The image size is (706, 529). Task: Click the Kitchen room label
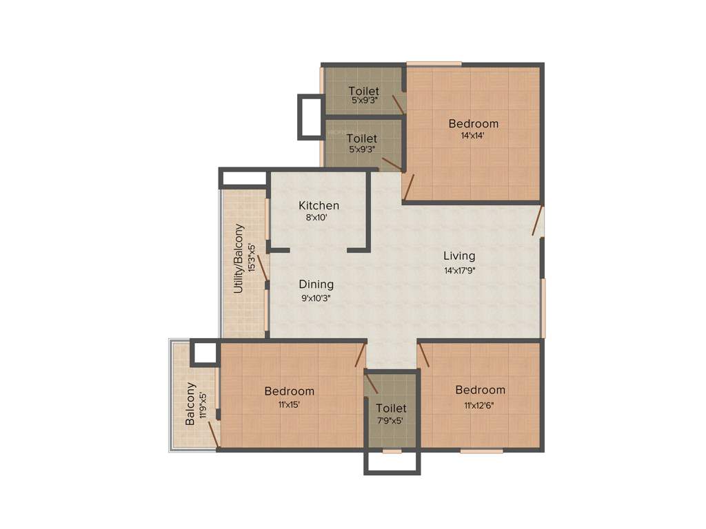319,205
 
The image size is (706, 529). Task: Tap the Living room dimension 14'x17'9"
460,271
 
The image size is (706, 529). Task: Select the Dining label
316,284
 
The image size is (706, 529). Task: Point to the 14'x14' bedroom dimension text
473,136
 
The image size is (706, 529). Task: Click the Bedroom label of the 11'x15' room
289,391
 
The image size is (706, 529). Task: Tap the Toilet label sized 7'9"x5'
391,408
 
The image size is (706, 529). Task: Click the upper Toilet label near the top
363,90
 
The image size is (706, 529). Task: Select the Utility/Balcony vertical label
239,258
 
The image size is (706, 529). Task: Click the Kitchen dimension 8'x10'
319,218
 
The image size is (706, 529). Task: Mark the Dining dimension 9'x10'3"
316,298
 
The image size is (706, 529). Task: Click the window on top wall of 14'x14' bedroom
434,64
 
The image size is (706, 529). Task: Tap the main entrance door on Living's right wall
538,221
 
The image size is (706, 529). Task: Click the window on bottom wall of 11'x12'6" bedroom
481,451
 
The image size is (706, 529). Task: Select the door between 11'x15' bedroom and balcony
214,435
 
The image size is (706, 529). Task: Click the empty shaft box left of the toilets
310,116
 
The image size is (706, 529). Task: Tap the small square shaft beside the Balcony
205,352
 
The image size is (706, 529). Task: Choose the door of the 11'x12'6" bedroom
424,355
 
